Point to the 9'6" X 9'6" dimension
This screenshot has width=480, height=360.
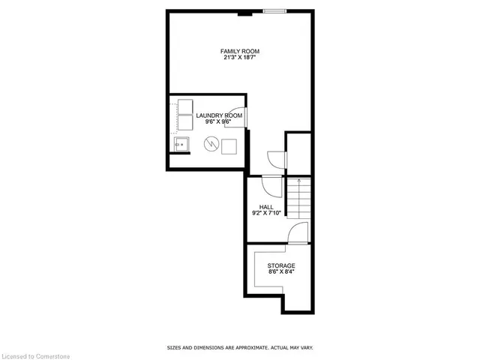(x=214, y=122)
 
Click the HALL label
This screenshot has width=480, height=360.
(x=266, y=207)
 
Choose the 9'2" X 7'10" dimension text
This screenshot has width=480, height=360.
(x=266, y=214)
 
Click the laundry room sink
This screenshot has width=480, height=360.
(x=180, y=142)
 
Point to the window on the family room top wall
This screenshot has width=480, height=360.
(x=274, y=10)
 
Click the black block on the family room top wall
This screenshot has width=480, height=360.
(x=244, y=11)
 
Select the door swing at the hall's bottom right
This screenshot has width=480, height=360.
(x=298, y=232)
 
